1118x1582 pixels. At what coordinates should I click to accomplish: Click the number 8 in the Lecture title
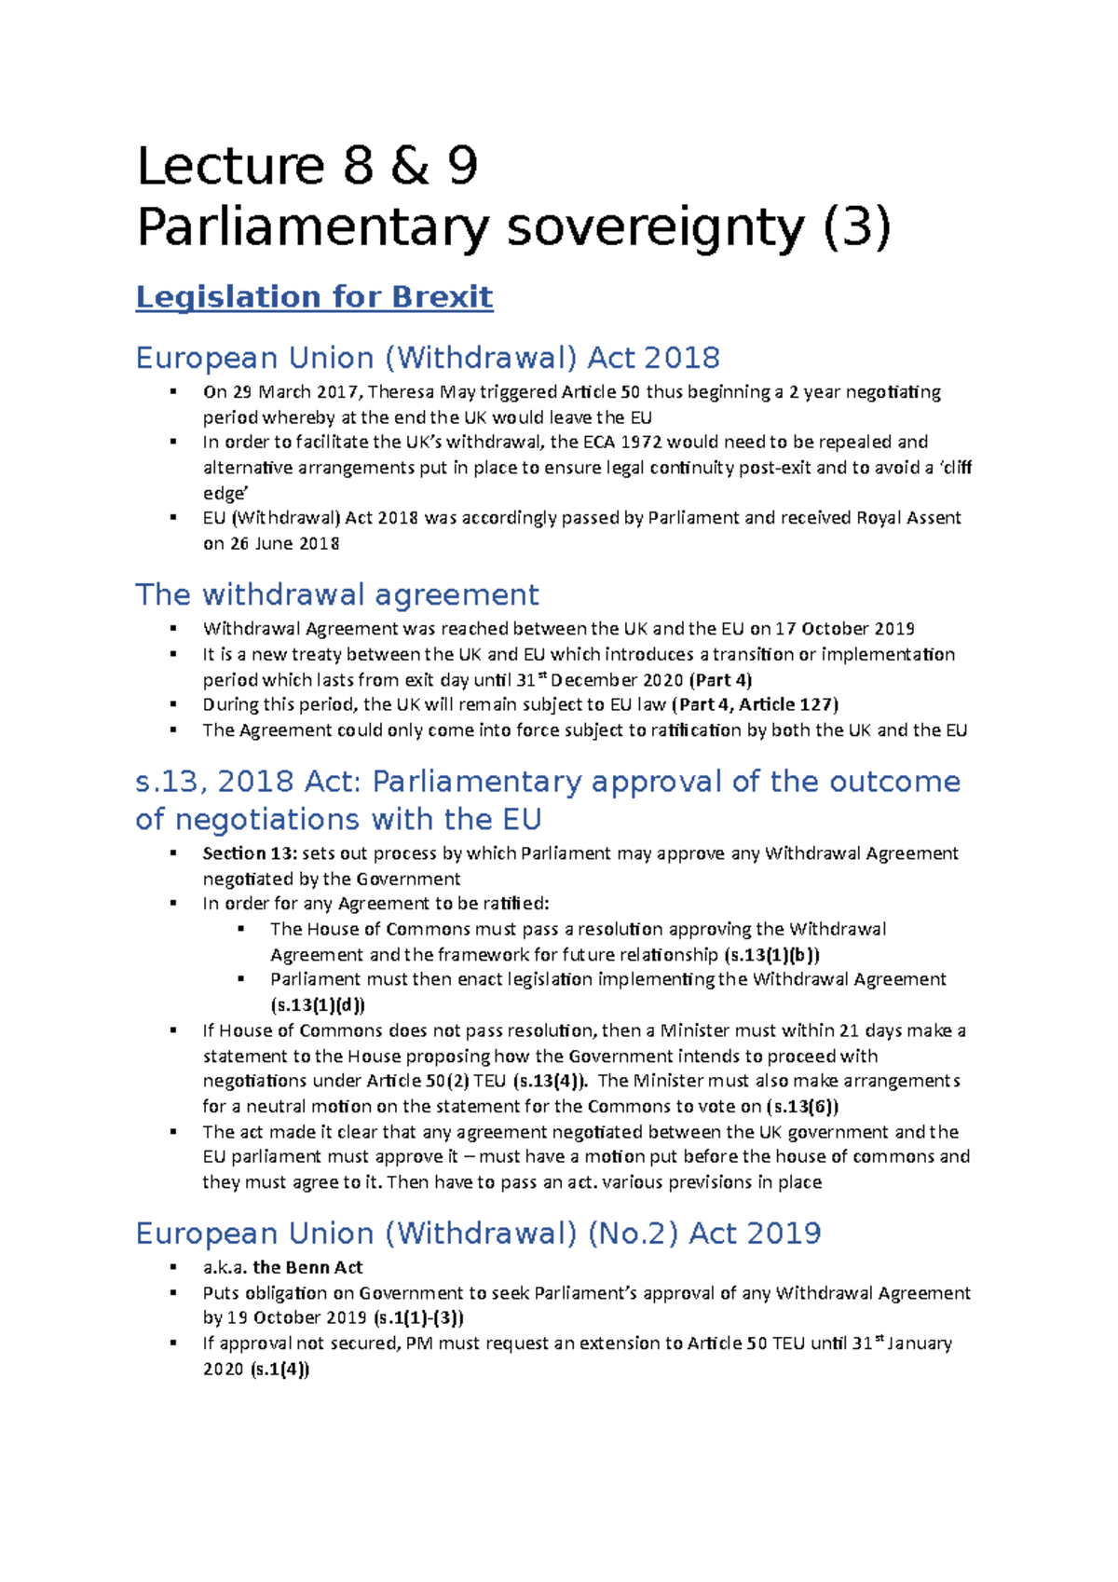coord(358,166)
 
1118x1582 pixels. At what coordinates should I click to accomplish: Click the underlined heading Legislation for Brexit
coord(314,296)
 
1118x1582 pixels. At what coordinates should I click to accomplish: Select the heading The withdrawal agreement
coord(337,594)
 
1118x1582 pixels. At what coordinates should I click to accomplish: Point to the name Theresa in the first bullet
coord(402,392)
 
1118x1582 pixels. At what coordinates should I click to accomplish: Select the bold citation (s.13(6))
coord(801,1107)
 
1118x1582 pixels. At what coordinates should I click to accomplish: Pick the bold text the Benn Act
coord(307,1268)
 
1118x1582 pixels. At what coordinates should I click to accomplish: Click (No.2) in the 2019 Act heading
coord(633,1234)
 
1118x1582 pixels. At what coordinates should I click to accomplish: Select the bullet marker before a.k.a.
coord(173,1267)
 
